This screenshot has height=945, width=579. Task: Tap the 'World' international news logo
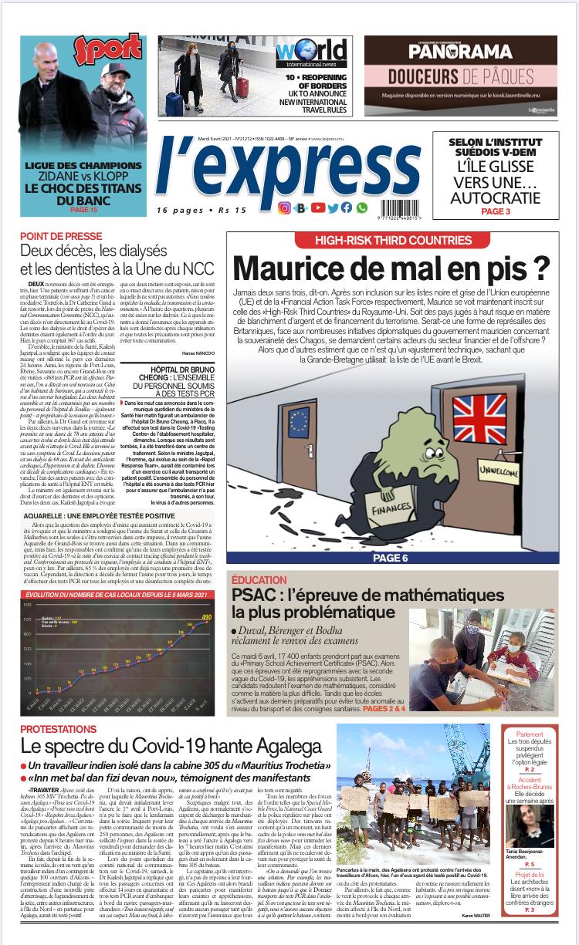pos(308,53)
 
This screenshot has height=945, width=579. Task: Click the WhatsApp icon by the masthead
pos(362,208)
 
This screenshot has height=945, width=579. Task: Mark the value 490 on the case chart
pos(207,616)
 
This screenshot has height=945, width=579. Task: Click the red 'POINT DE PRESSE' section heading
pos(61,236)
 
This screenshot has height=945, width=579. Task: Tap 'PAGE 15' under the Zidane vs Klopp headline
pos(83,209)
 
